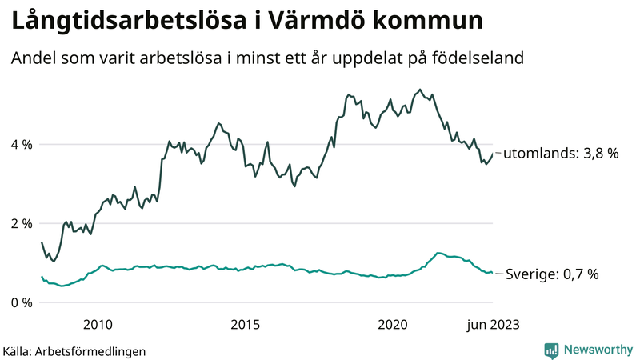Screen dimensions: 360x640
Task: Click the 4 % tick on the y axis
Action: [22, 145]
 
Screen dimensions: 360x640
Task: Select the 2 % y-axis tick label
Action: [22, 223]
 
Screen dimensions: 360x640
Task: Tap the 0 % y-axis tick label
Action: [22, 302]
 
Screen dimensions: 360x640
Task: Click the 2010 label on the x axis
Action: [97, 325]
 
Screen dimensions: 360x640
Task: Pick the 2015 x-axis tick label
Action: [245, 325]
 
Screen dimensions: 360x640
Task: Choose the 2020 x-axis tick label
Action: [393, 325]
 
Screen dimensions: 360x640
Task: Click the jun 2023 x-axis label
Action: [492, 325]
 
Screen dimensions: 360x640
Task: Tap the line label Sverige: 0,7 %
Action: [553, 274]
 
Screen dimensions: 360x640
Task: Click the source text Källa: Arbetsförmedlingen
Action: [74, 350]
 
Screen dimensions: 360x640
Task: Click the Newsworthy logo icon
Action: [551, 349]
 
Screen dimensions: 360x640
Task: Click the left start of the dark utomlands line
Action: [42, 242]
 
